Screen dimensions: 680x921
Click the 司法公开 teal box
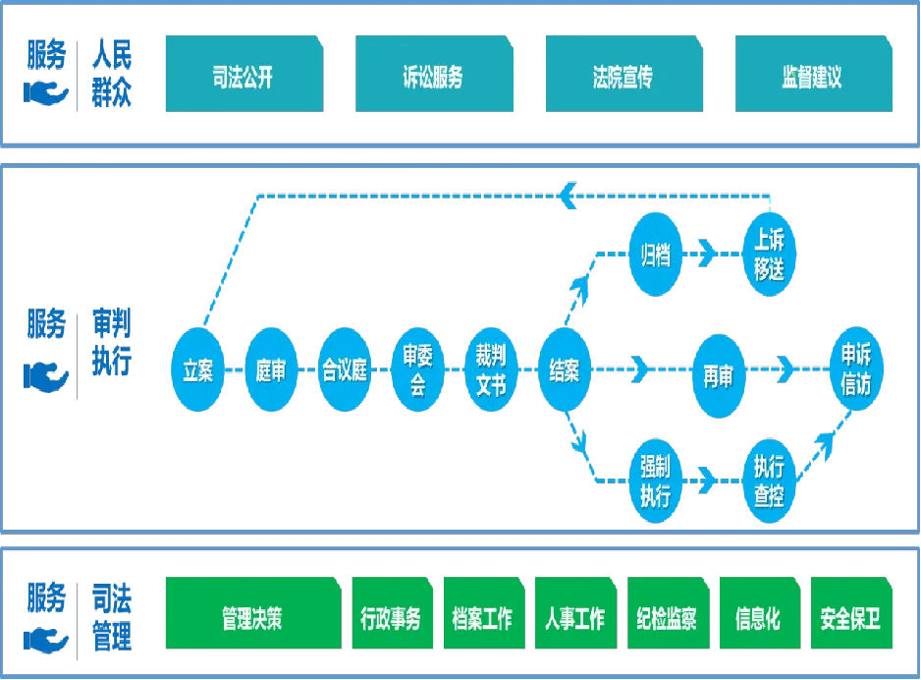coord(243,77)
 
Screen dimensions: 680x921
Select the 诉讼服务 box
coord(432,77)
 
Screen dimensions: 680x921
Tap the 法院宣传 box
coord(622,77)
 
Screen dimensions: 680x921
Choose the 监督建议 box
coord(811,77)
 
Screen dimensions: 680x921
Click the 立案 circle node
coord(197,371)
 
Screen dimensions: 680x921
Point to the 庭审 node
coord(270,371)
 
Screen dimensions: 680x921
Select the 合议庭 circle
coord(345,371)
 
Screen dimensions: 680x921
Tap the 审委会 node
coord(417,371)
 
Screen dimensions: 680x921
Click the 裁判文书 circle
coord(490,371)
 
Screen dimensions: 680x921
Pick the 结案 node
coord(564,371)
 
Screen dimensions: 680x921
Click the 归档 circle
coord(655,255)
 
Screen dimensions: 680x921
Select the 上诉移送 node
coord(769,255)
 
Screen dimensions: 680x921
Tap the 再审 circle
coord(718,373)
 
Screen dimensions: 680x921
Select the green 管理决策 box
coord(252,618)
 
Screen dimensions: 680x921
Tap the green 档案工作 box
coord(482,618)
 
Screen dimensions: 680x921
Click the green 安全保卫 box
coord(849,618)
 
